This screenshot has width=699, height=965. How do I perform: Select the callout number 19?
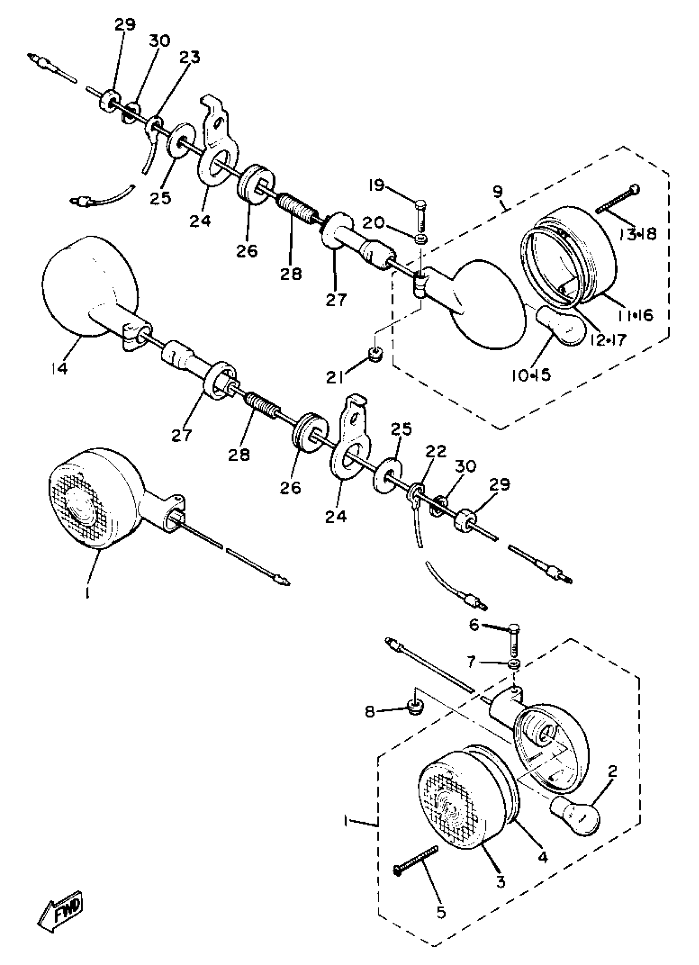tap(377, 185)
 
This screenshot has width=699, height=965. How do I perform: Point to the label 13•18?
tap(638, 233)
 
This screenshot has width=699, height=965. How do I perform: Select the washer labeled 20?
tap(421, 239)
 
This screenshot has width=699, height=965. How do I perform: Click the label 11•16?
tap(634, 315)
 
